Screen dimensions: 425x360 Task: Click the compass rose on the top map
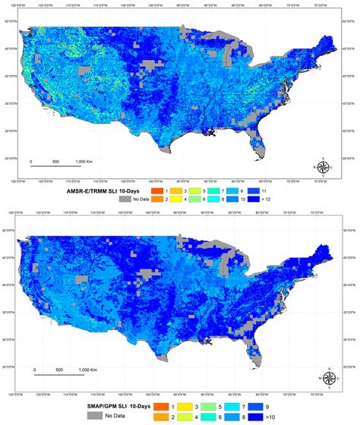323,168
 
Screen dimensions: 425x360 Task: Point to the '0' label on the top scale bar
31,162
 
